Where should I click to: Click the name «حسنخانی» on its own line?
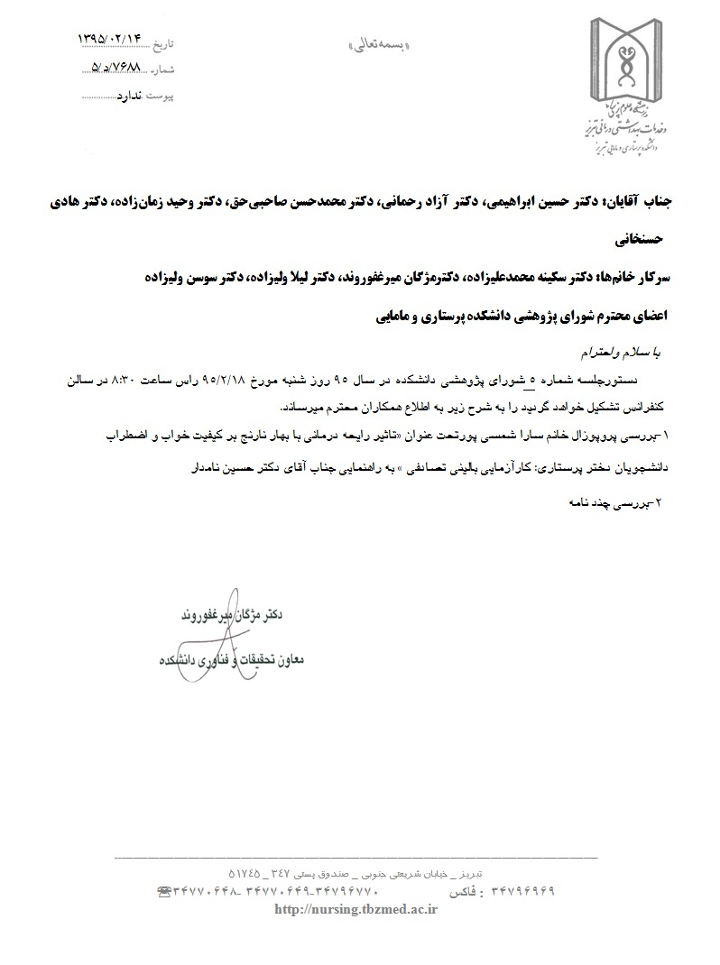click(x=637, y=241)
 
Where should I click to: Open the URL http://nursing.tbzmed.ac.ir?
click(x=355, y=910)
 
